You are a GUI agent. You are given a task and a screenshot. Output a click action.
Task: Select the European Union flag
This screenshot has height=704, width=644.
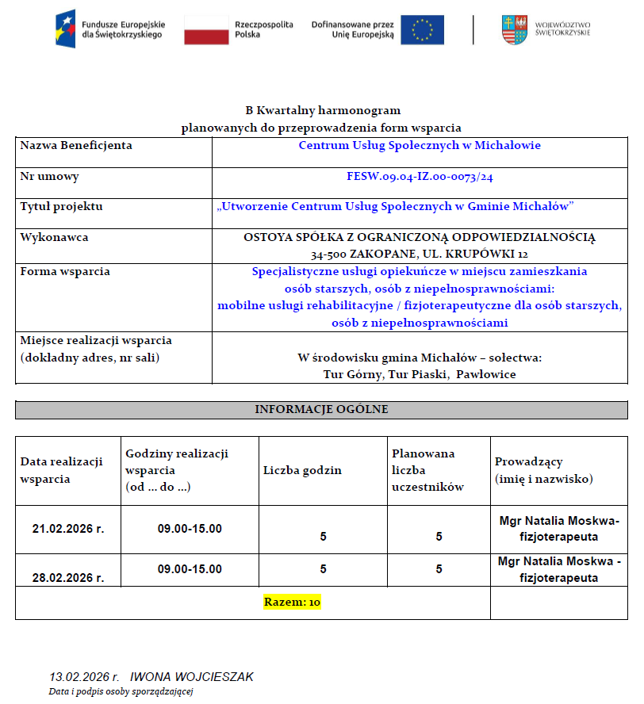pos(422,29)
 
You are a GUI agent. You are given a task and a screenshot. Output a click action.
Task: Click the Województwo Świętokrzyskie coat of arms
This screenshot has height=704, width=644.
pos(513,29)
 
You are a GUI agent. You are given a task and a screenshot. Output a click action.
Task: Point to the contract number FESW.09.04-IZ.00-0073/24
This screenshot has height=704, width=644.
pos(420,177)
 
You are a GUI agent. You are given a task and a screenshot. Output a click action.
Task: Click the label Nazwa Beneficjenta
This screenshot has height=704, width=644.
pos(76,146)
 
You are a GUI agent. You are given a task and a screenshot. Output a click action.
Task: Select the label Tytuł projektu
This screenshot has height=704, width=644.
pos(62,207)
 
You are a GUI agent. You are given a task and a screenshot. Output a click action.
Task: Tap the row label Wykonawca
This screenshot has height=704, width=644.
pos(55,237)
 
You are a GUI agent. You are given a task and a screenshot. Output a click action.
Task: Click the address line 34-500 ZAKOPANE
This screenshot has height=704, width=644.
pos(420,254)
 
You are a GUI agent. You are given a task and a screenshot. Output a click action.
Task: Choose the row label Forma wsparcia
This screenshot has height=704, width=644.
pos(65,271)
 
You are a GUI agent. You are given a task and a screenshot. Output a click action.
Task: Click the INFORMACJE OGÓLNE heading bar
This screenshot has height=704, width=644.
pos(321,410)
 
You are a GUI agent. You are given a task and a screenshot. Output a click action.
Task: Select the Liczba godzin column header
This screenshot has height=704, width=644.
pos(302,470)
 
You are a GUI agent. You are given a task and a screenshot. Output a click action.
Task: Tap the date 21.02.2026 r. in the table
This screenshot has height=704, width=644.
pos(68,528)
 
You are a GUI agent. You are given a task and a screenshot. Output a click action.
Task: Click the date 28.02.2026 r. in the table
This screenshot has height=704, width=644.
pos(68,577)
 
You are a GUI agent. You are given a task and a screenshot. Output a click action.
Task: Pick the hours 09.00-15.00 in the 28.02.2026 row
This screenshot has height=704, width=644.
pos(190,569)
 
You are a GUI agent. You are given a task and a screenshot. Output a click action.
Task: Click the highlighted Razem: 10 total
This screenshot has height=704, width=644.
pos(292,603)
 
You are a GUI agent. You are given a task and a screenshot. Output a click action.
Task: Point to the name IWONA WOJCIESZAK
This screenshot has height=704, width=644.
pos(192,677)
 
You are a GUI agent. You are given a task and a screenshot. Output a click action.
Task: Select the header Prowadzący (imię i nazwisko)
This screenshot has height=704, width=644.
pos(544,470)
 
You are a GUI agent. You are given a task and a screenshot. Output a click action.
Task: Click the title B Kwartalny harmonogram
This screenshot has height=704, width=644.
pos(323,110)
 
